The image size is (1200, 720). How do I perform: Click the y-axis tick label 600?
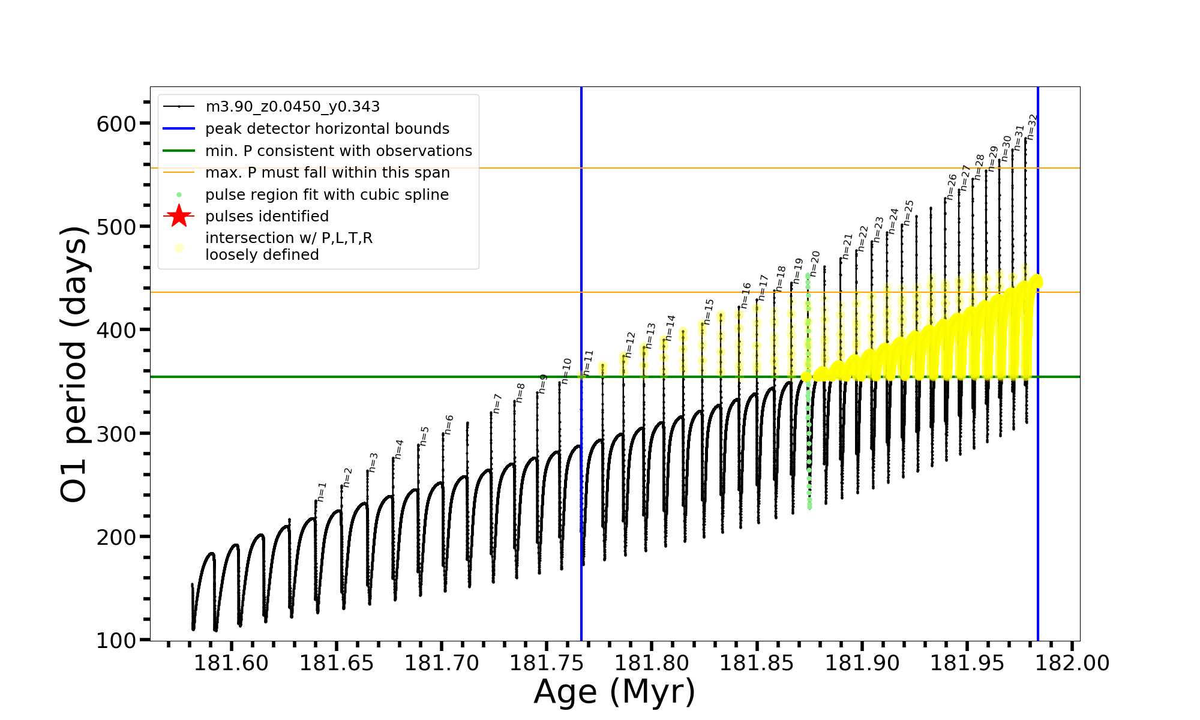116,124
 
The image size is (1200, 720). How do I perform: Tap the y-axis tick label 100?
116,641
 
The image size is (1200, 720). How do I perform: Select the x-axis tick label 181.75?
547,663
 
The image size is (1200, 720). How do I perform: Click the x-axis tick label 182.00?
1073,663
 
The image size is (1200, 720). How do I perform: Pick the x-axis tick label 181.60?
231,663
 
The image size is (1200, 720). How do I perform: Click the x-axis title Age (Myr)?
614,692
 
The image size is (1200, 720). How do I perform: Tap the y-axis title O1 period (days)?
74,364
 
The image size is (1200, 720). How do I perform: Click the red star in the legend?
179,216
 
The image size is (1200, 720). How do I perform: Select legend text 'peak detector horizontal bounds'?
327,129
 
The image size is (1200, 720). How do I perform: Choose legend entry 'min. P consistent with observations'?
338,151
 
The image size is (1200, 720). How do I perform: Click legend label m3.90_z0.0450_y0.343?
292,107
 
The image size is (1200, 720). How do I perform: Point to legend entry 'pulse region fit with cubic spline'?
326,195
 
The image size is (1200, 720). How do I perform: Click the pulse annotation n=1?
322,491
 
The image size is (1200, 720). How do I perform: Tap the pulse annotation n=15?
709,311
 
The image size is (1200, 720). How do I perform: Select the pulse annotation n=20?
814,264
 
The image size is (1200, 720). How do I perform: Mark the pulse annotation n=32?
1031,127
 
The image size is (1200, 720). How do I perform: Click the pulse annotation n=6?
448,425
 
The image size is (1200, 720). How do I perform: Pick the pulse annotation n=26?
951,187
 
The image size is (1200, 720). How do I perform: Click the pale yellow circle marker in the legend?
179,247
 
